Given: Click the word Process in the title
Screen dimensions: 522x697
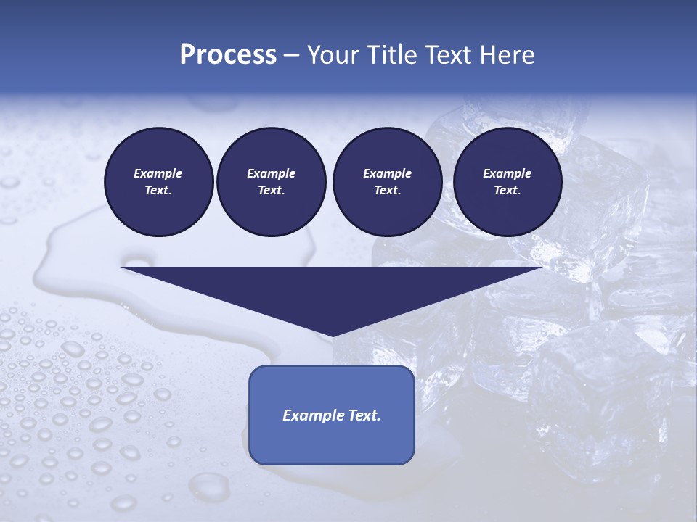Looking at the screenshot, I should click(228, 55).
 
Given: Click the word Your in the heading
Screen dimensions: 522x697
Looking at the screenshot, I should click(331, 55).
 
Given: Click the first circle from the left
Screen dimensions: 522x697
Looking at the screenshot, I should click(158, 182).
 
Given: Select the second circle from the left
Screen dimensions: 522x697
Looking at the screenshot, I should click(271, 182).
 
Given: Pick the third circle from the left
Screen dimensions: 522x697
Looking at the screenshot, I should click(387, 182).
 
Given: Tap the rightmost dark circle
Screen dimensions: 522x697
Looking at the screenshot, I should click(507, 182).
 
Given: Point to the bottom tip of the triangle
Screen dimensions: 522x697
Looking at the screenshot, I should click(332, 335).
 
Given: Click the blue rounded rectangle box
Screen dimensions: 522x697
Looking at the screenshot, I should click(332, 415).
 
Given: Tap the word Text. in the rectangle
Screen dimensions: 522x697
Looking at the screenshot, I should click(362, 415).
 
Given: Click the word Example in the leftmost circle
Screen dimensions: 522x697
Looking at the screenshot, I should click(158, 173).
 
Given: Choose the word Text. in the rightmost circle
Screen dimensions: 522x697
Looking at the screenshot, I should click(507, 191).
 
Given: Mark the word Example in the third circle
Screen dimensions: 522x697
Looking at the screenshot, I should click(387, 173).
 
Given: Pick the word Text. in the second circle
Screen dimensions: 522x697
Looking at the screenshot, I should click(271, 191).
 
